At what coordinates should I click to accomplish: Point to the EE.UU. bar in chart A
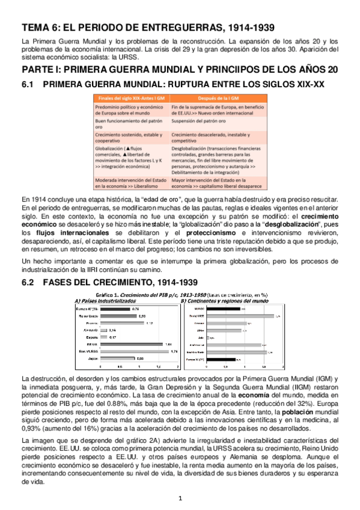point(127,345)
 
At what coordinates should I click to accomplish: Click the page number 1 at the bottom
point(180,497)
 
